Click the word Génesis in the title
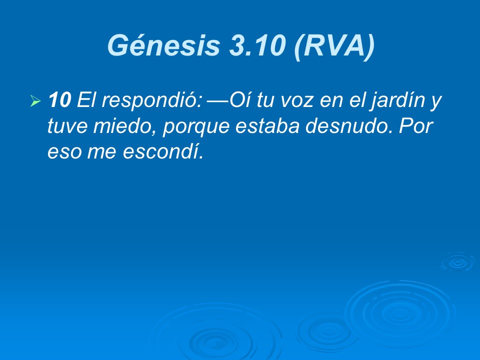164,45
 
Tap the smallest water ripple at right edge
456,262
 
